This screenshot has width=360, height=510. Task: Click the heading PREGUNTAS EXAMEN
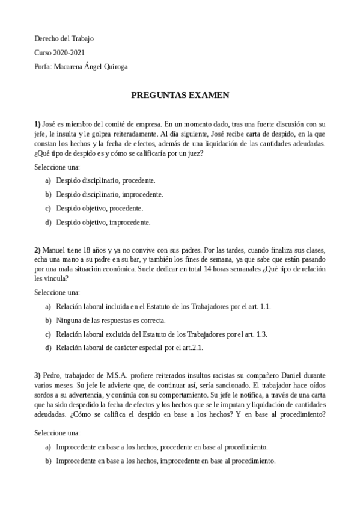tap(180, 95)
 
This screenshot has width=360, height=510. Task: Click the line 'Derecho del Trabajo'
tap(64, 39)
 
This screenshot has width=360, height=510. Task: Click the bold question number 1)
tap(37, 124)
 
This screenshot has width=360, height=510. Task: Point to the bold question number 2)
tap(37, 250)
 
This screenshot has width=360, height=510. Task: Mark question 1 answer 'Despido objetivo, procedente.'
tap(100, 208)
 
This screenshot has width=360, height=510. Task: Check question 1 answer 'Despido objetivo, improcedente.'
tap(103, 222)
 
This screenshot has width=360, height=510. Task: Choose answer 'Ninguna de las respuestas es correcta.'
tap(111, 320)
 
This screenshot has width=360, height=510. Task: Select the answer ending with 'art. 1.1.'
tap(163, 306)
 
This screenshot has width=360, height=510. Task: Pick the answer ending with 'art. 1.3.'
tap(162, 334)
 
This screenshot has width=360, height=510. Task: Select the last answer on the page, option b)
tap(166, 461)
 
